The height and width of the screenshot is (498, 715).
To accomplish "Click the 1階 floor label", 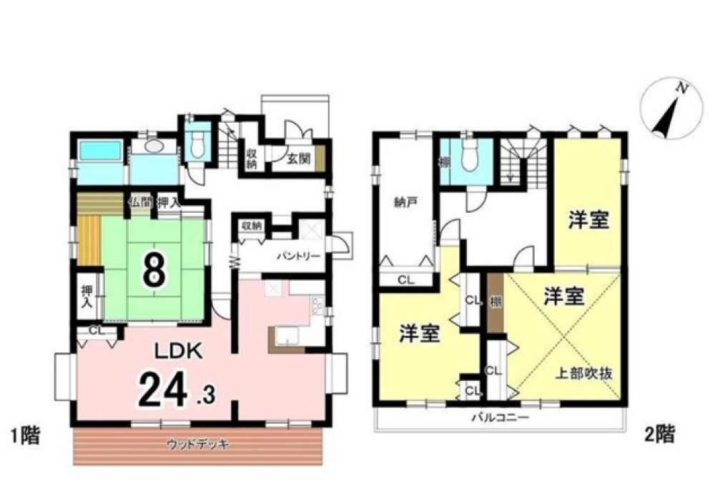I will click(x=22, y=434).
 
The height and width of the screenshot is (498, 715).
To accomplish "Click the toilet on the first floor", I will click(x=196, y=143).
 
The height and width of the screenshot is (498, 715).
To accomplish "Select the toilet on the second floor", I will click(x=469, y=156).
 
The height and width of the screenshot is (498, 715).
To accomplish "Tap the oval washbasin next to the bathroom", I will click(x=154, y=146).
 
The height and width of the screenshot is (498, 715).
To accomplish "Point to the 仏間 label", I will click(x=139, y=202).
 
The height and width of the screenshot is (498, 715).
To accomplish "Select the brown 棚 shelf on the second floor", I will click(x=495, y=302).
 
